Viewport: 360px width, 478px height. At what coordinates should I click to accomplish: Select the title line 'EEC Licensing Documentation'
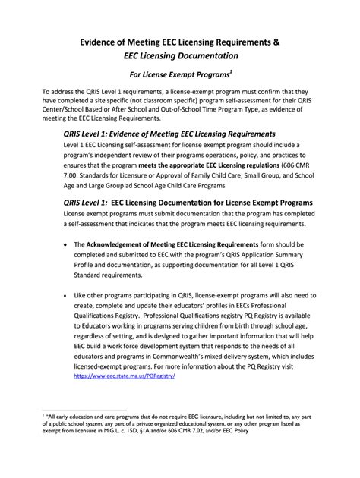tap(179, 57)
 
